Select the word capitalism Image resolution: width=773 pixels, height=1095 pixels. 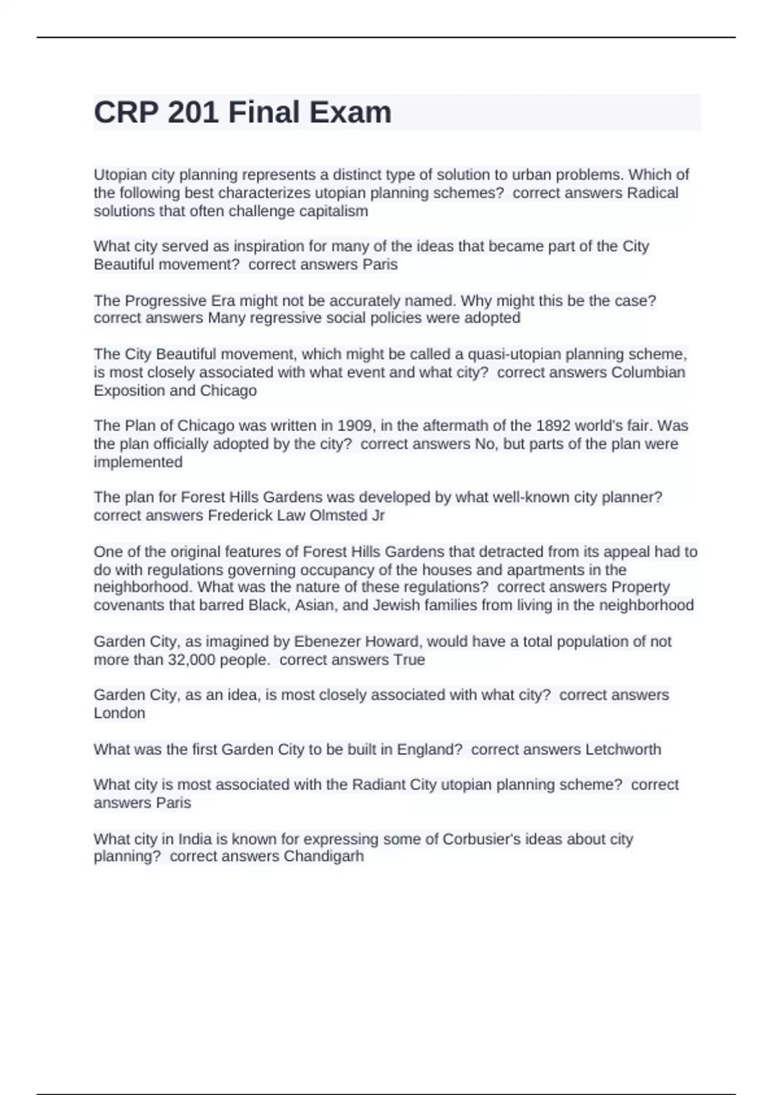tap(333, 211)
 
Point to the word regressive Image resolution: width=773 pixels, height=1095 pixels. tap(301, 318)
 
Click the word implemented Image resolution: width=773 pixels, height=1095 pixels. tap(138, 462)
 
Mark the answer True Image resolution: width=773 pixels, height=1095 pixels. tap(409, 660)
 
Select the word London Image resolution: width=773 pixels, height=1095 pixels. tap(119, 713)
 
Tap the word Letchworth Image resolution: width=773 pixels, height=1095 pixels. tap(622, 749)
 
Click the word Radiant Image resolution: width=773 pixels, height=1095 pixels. tap(377, 785)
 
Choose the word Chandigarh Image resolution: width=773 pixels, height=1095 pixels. tap(323, 856)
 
